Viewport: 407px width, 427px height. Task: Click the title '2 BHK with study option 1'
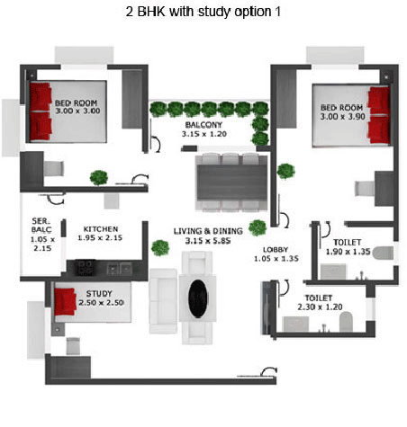(x=203, y=12)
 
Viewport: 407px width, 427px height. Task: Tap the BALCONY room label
(x=203, y=125)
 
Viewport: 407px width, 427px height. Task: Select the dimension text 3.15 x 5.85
(x=208, y=241)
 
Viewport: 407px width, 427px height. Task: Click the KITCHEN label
(x=101, y=229)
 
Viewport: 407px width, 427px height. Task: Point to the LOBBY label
(x=276, y=249)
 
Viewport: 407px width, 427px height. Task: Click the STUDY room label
(x=99, y=294)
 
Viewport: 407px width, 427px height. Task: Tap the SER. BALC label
(x=41, y=226)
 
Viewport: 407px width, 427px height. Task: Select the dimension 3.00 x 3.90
(x=342, y=117)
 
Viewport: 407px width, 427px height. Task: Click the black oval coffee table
(x=198, y=298)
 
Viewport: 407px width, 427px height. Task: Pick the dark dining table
(x=231, y=182)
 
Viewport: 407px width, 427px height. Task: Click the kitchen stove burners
(x=85, y=267)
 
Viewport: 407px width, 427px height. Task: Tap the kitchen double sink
(x=119, y=269)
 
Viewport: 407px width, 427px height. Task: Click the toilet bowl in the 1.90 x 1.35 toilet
(x=383, y=254)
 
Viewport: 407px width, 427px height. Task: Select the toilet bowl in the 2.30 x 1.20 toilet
(x=346, y=322)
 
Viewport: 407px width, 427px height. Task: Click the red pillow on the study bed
(x=65, y=301)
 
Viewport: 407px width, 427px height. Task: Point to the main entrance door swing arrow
(x=268, y=371)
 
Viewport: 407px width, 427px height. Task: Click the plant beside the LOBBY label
(x=258, y=227)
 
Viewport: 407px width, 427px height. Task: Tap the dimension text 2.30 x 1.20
(x=320, y=307)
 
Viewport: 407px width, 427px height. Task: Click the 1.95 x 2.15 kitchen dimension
(x=100, y=238)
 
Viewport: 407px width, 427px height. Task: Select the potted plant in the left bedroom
(x=99, y=178)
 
